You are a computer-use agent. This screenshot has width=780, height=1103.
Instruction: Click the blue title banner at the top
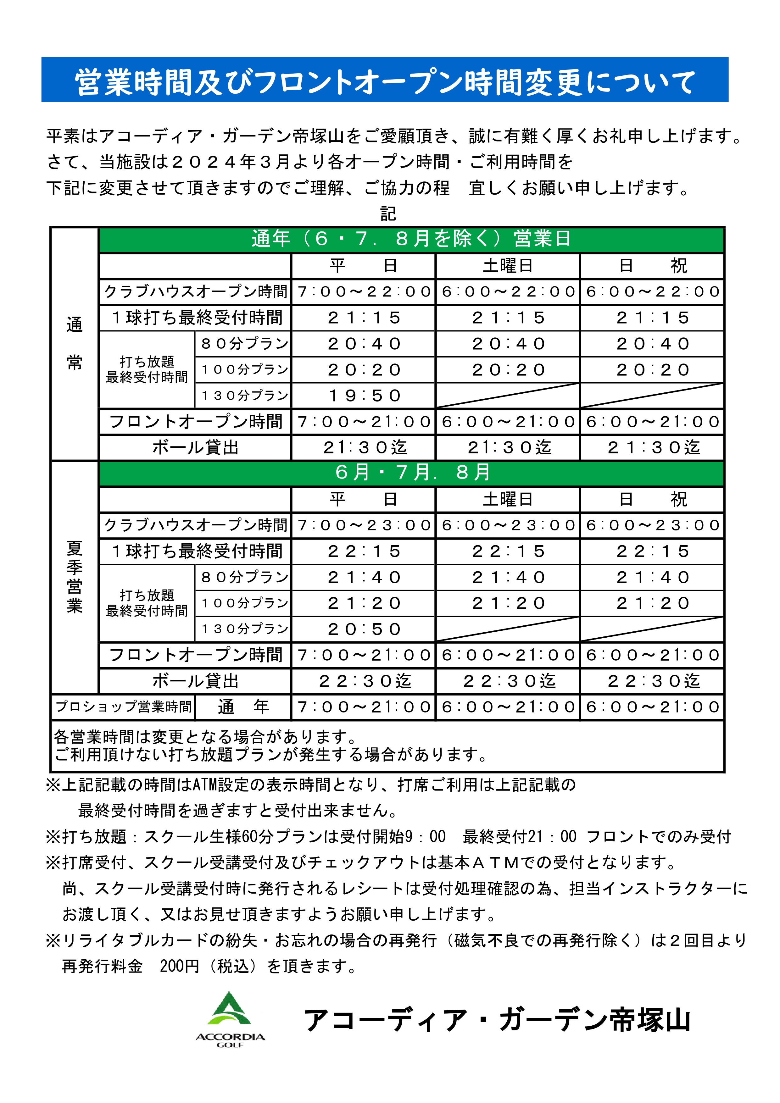pos(384,80)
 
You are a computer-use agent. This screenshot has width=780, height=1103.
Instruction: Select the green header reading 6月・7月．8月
pos(411,473)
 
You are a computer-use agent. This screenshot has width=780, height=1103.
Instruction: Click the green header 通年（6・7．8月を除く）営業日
pos(411,239)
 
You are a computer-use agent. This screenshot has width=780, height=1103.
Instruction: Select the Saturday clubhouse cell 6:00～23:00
pos(508,525)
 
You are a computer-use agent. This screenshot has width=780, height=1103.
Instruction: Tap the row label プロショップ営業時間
pos(123,707)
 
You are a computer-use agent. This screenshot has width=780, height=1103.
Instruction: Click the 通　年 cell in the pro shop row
pos(243,707)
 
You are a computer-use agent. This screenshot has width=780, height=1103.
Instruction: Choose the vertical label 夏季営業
pos(75,576)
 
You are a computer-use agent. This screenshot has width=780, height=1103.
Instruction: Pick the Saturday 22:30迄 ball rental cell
pos(508,681)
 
